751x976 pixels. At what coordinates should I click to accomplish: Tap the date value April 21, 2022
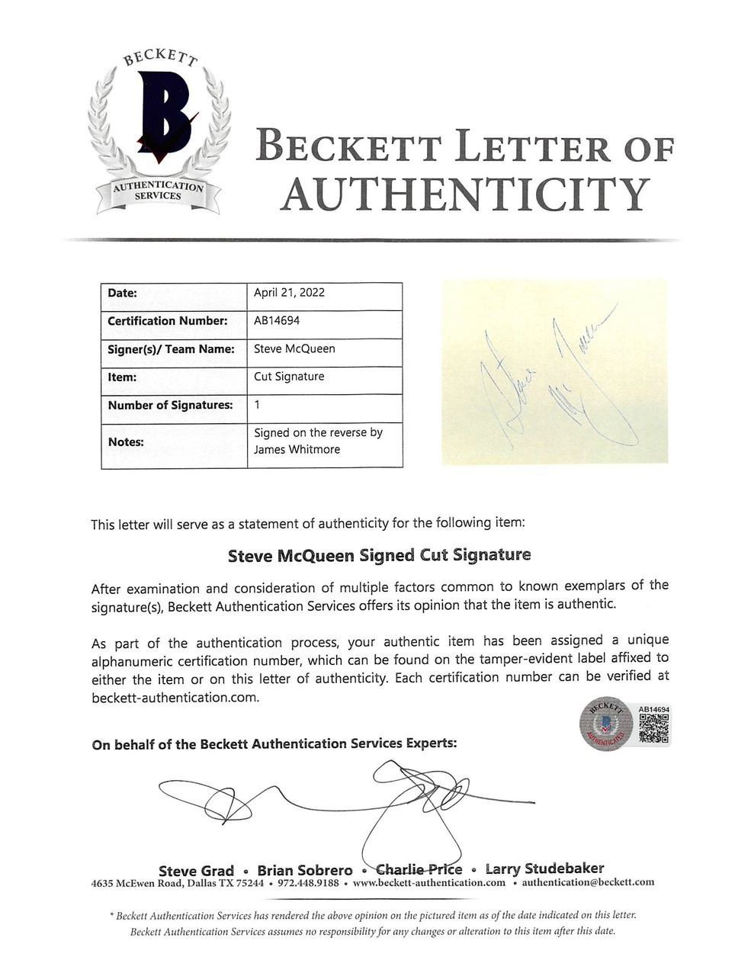(x=289, y=292)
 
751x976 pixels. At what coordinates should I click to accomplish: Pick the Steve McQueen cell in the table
(x=294, y=348)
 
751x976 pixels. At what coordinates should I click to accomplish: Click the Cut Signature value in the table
(x=289, y=377)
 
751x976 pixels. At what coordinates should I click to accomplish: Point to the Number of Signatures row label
(x=170, y=405)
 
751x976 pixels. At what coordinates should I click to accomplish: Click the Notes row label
(x=126, y=441)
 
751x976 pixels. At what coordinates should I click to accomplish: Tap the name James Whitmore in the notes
(x=297, y=449)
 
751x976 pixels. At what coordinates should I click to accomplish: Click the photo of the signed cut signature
(x=554, y=371)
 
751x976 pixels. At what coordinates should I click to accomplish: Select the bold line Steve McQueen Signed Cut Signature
(x=379, y=555)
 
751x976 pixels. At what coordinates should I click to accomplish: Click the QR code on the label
(x=653, y=728)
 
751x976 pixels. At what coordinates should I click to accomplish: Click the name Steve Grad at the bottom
(x=196, y=870)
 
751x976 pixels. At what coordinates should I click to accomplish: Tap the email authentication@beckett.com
(x=588, y=882)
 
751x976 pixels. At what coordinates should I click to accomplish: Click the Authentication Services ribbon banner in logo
(x=159, y=191)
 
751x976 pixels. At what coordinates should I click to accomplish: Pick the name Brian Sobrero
(x=305, y=870)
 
